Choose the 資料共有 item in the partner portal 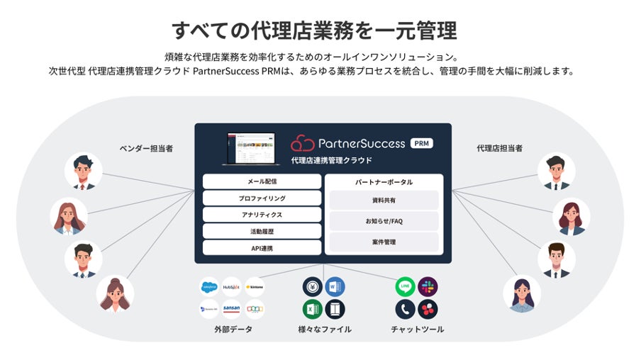384,201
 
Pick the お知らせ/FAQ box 384,221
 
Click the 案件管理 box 384,242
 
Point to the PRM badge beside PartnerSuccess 421,143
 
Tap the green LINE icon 405,286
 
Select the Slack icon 428,286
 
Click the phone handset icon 405,310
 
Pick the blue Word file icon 335,286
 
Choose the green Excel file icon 312,310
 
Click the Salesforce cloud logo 209,287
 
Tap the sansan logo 231,310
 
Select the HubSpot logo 231,287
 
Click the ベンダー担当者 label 146,148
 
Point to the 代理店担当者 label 499,148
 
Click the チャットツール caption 417,330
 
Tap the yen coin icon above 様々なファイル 312,286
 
